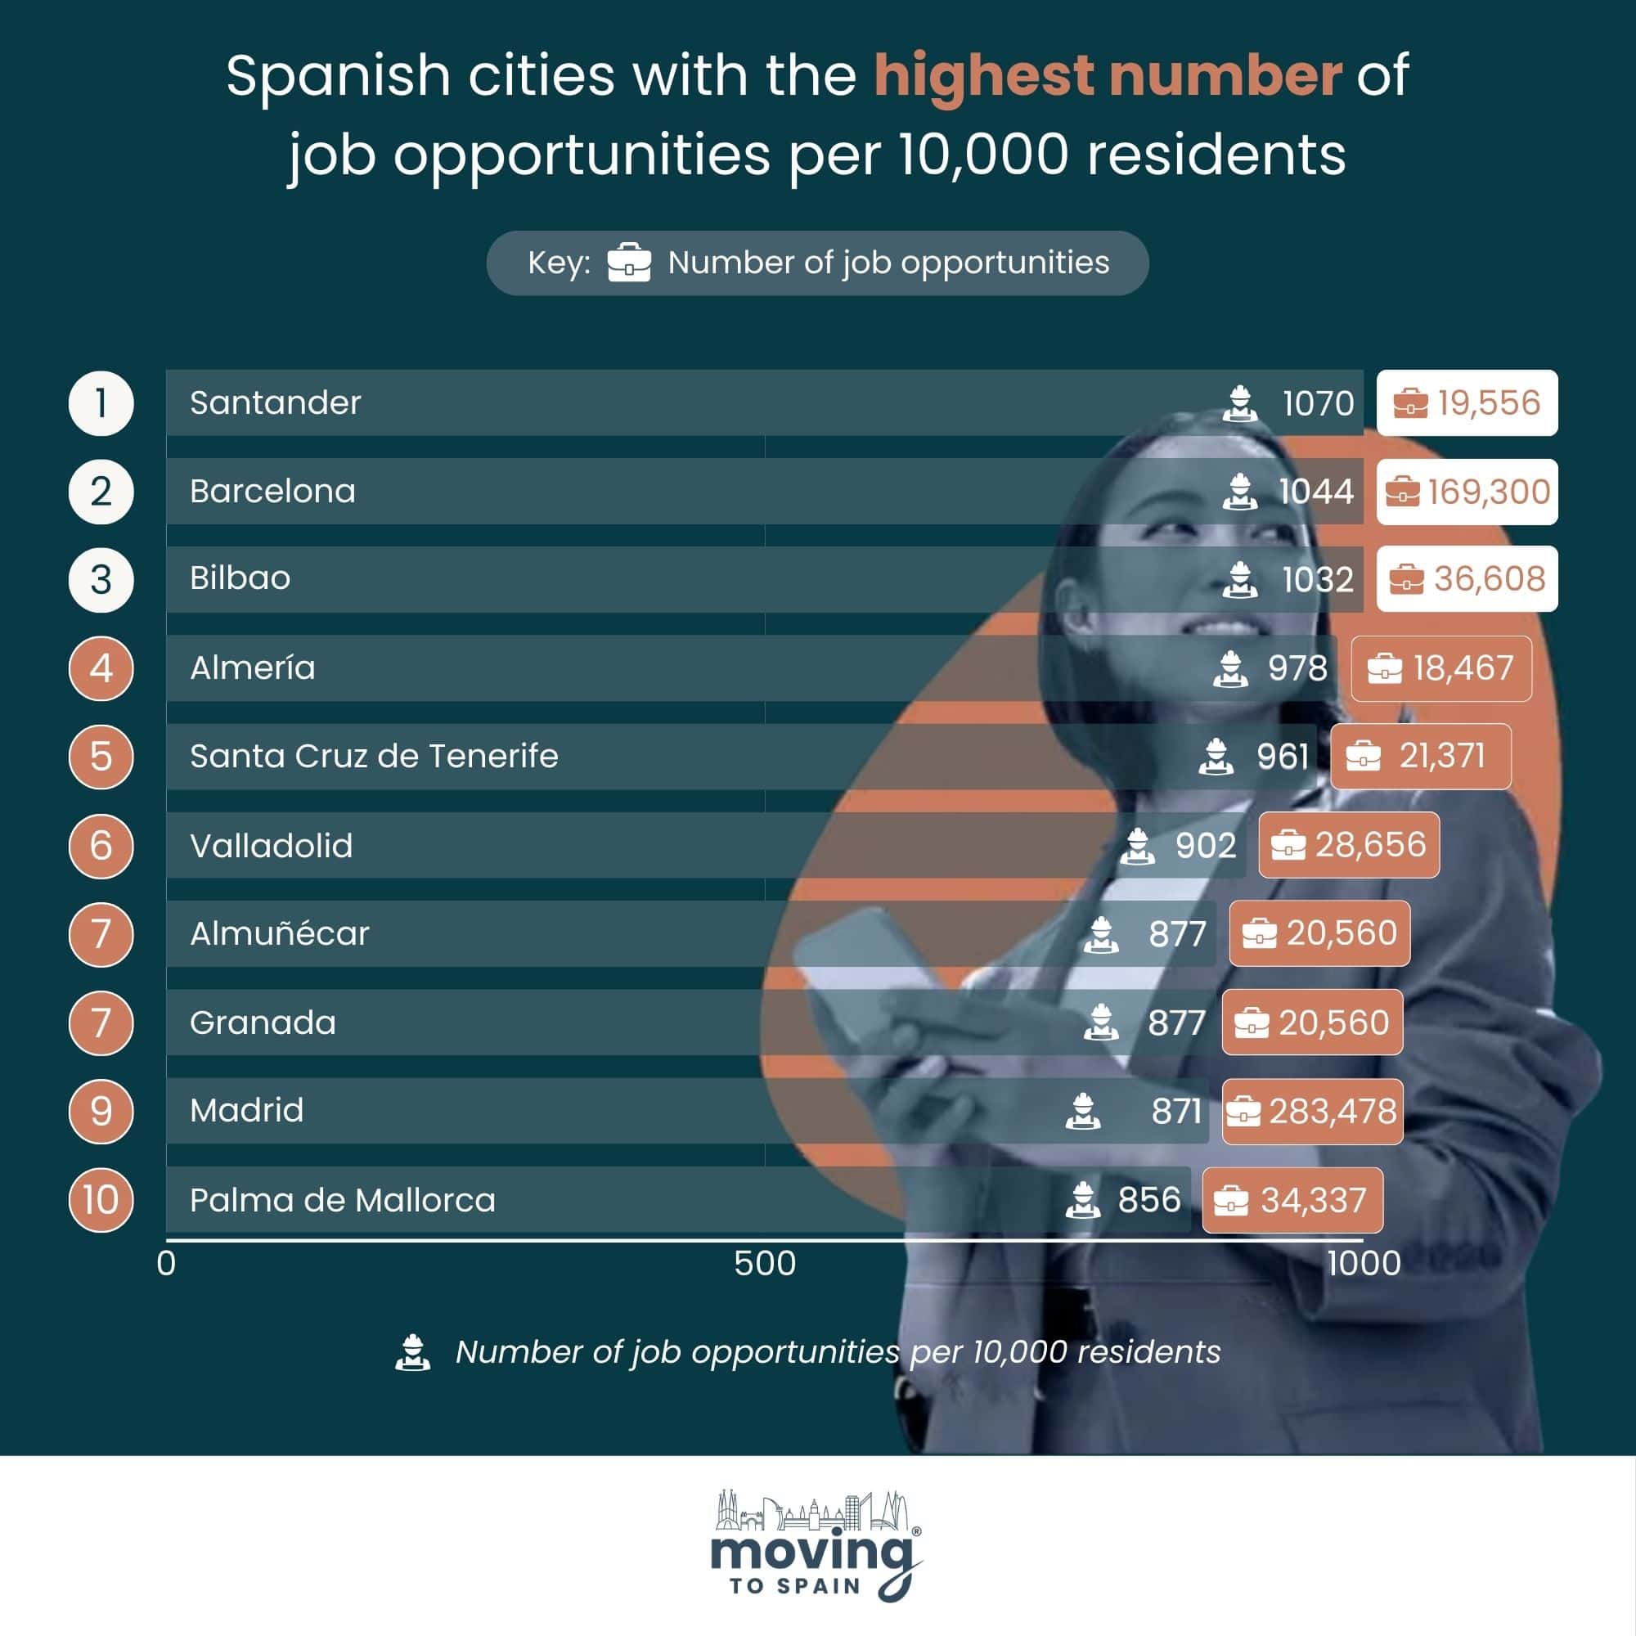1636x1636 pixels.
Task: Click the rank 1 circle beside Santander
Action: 101,403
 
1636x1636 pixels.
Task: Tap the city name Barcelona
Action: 272,491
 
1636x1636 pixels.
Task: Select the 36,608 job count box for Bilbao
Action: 1467,579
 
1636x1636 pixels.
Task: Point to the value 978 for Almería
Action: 1297,668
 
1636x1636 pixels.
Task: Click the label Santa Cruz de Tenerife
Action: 375,756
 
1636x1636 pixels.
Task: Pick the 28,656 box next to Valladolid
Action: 1349,845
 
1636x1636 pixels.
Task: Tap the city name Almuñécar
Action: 280,933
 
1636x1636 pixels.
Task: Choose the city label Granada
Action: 263,1023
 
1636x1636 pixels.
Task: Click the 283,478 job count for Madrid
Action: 1313,1111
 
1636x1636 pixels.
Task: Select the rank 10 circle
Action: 101,1199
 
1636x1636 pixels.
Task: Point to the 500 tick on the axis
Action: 765,1264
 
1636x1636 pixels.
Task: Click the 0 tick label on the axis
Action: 166,1264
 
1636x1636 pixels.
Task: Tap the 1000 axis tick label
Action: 1364,1264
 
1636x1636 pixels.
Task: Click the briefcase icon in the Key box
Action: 629,263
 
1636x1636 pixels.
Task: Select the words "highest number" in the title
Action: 1108,76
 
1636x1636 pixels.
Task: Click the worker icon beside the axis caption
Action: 412,1352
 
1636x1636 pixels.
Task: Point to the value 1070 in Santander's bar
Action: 1319,403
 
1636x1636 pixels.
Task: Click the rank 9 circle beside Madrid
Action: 101,1111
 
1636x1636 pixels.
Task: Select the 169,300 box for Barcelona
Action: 1467,491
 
